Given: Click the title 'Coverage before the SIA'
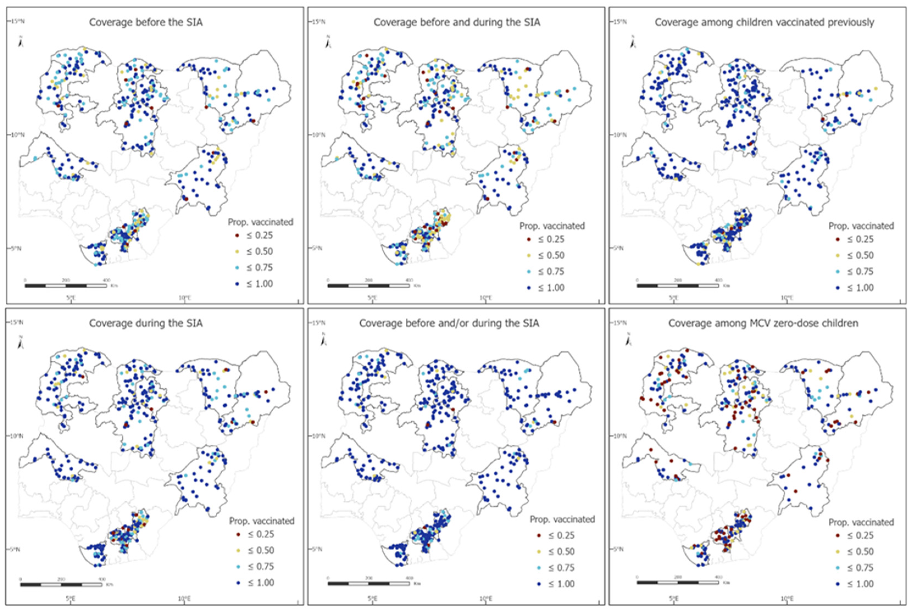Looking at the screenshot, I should point(146,22).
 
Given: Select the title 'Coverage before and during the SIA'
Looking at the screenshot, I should point(457,22).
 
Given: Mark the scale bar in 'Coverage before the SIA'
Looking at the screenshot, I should point(65,286).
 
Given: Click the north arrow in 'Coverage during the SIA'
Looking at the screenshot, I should point(20,342).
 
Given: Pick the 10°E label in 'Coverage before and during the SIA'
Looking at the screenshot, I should point(485,298).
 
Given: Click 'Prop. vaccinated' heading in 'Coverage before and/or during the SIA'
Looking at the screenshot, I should point(562,520).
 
